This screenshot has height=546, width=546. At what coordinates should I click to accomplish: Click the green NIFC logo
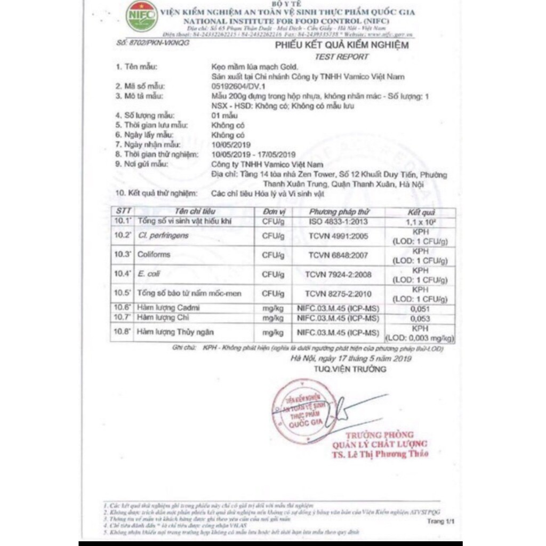pos(142,16)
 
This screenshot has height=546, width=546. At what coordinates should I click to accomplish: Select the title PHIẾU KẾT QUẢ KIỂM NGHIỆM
pos(342,45)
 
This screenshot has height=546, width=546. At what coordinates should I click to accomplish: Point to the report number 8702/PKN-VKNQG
pos(152,42)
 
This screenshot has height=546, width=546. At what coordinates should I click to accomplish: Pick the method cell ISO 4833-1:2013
pos(338,221)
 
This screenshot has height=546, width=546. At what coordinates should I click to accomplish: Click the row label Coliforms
pos(154,254)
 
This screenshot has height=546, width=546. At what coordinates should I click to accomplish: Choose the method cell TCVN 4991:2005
pos(338,235)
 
